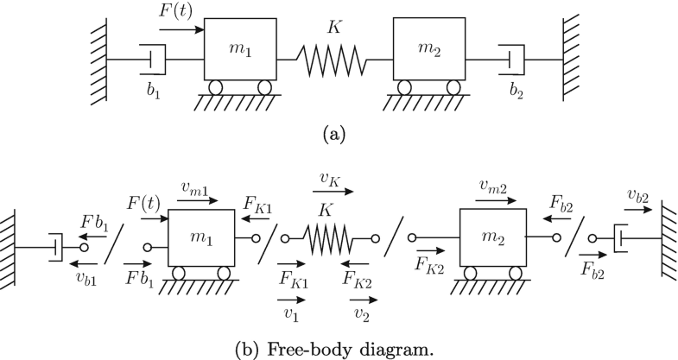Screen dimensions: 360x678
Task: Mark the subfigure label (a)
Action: pos(334,135)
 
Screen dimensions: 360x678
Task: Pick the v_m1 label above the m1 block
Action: pos(199,186)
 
